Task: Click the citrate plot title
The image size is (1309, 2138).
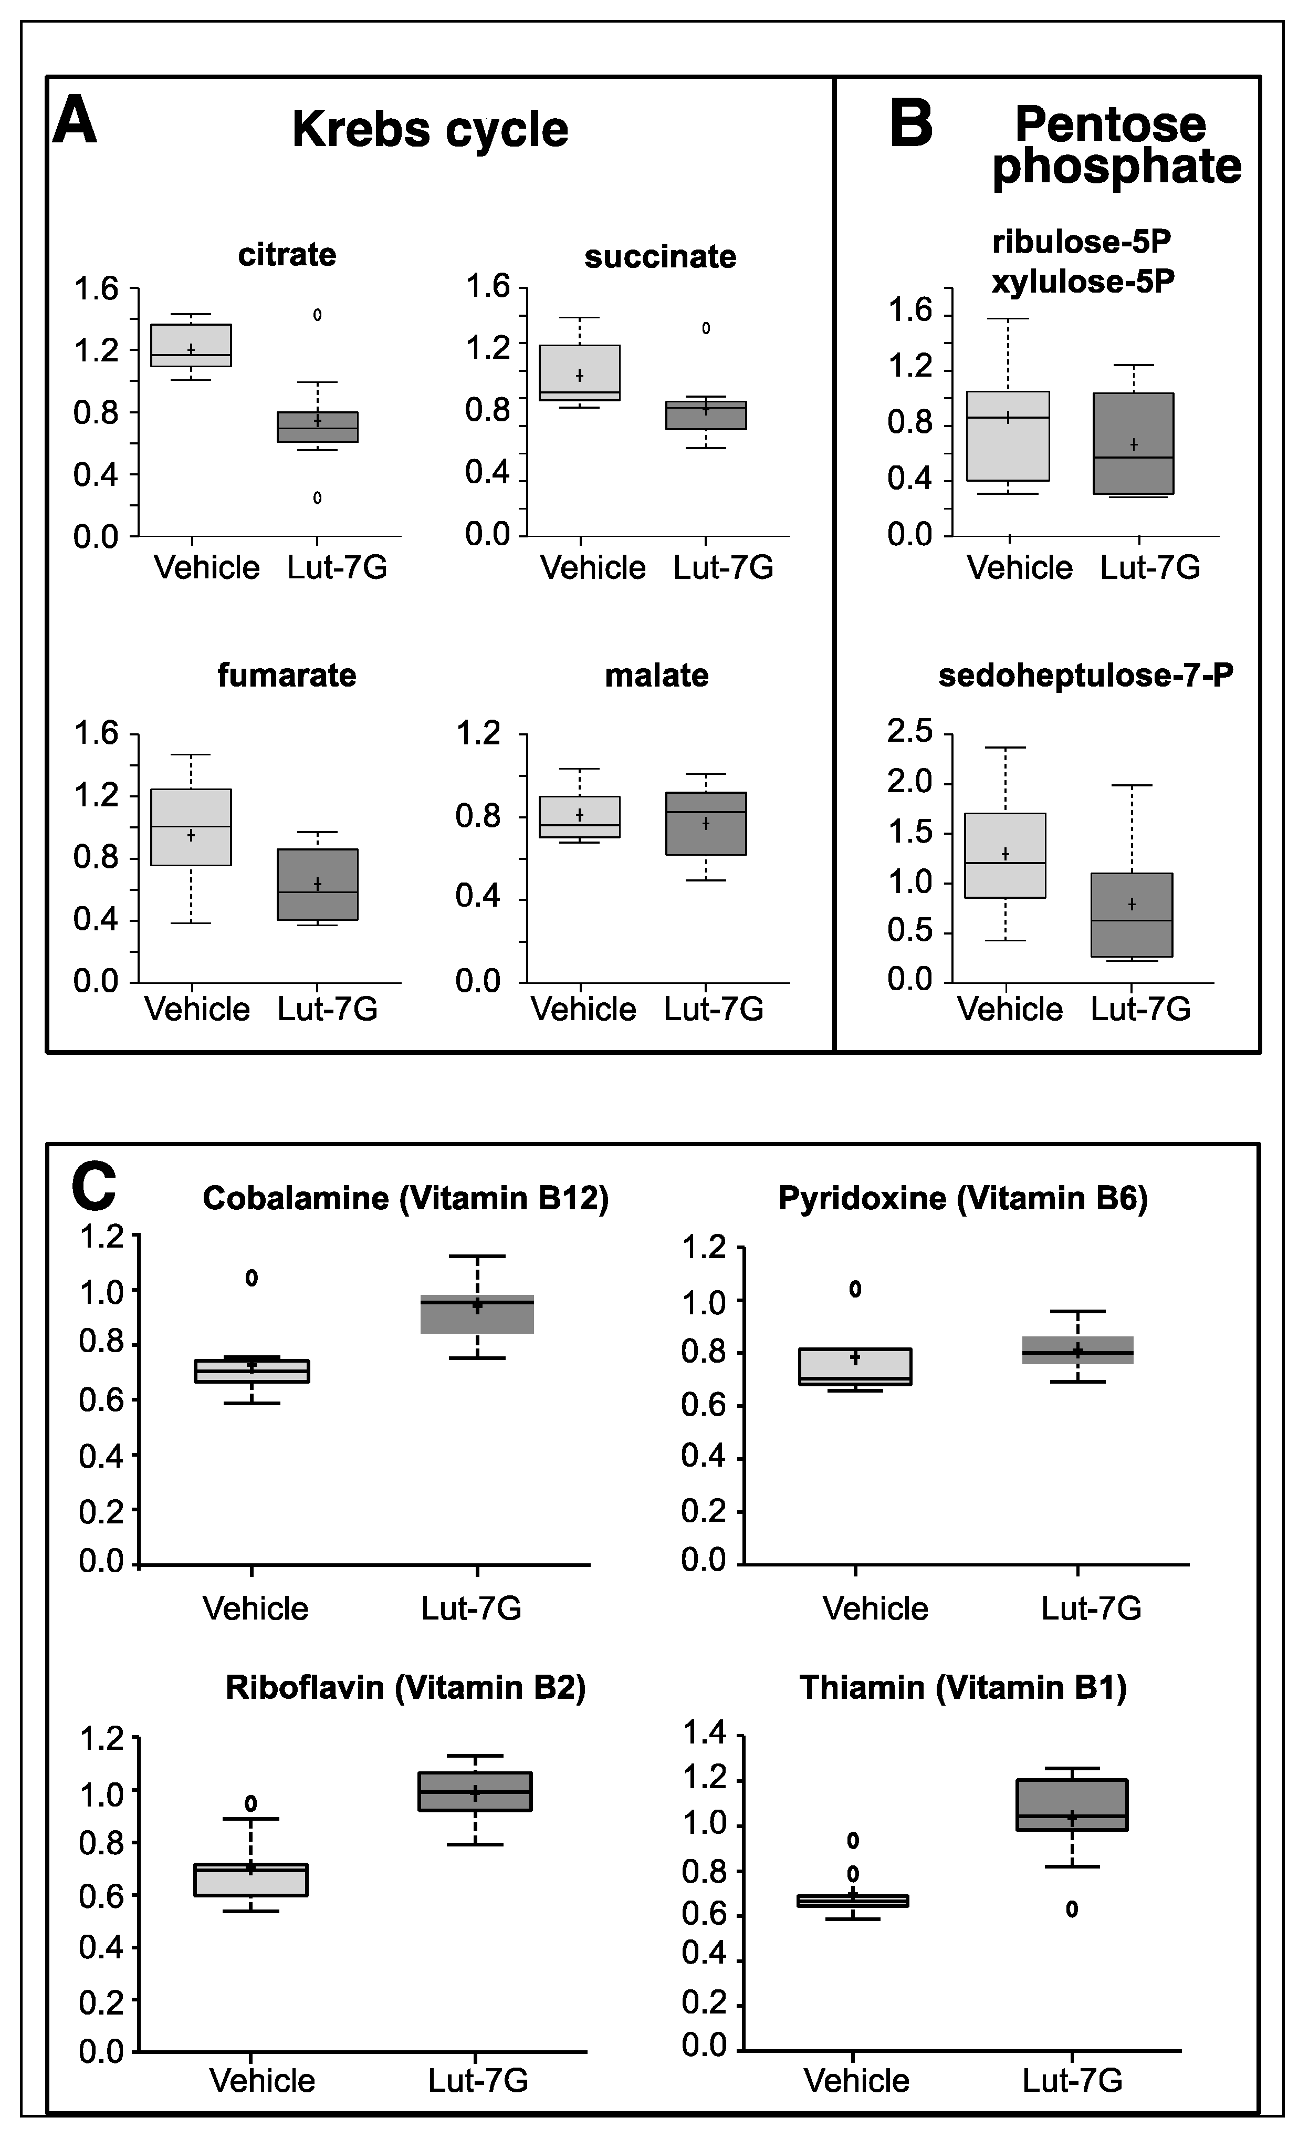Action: click(287, 255)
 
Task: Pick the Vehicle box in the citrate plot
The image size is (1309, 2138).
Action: click(191, 345)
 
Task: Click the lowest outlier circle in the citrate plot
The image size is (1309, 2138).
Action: click(318, 498)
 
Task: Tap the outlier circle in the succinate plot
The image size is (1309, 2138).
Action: click(706, 328)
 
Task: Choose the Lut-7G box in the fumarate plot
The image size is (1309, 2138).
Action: click(318, 884)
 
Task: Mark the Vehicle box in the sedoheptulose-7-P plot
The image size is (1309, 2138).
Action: click(1006, 855)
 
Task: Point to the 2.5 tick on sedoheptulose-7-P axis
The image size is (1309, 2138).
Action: click(909, 731)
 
